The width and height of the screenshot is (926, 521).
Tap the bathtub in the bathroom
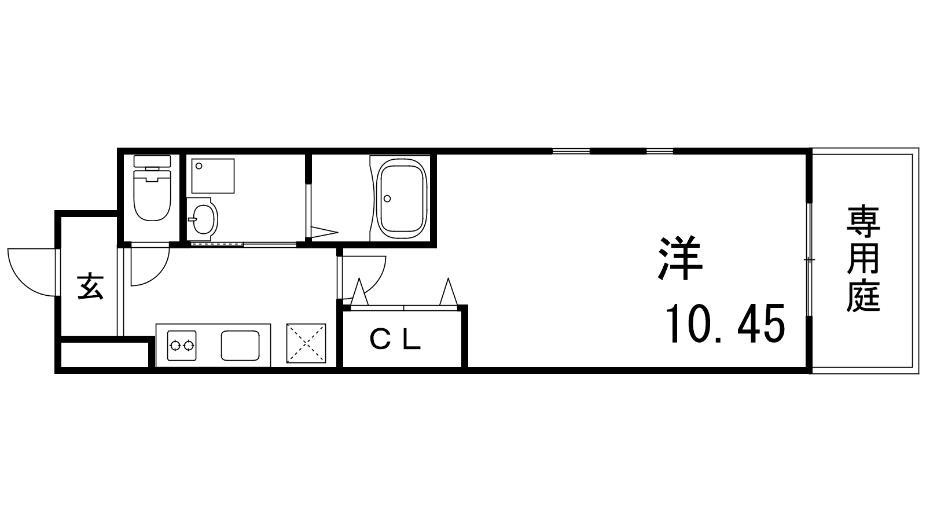point(402,199)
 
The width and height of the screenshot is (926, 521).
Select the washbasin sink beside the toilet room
point(203,219)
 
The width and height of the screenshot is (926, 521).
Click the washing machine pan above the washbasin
point(213,176)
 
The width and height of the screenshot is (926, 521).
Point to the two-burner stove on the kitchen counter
point(182,345)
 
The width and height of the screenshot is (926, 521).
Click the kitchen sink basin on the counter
point(240,345)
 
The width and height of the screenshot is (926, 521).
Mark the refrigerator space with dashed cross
point(306,343)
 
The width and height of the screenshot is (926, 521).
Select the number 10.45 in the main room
point(725,324)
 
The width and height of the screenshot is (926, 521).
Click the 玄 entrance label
point(90,286)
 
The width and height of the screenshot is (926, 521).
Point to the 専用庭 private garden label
point(863,259)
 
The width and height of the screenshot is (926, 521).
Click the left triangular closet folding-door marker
point(359,293)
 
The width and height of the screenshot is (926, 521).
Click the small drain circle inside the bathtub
point(387,199)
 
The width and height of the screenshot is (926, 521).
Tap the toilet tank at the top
point(152,162)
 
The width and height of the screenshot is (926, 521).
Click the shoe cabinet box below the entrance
point(105,354)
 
